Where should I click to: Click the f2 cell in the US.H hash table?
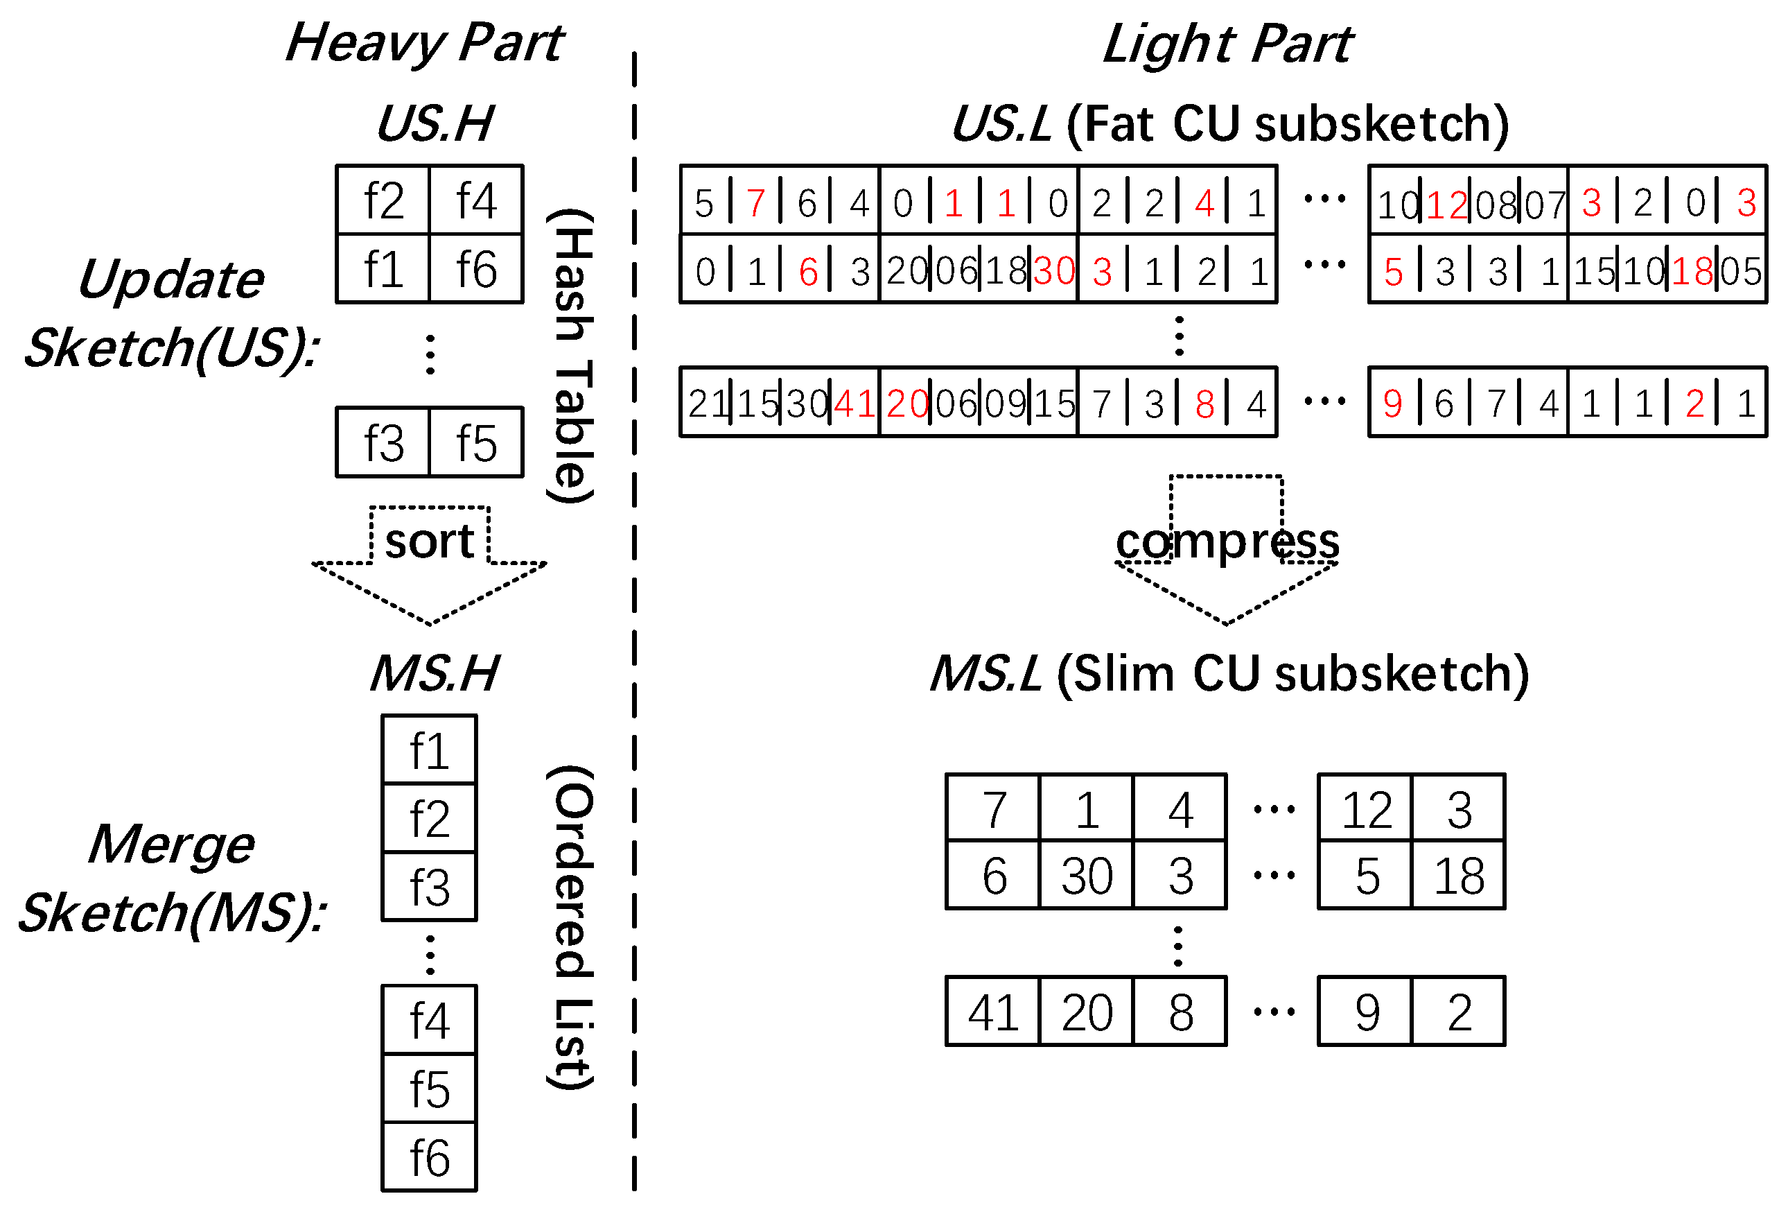pos(383,201)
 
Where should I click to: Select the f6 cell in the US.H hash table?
pos(476,269)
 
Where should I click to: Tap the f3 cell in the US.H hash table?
pos(383,443)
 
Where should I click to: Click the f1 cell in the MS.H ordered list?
pos(429,751)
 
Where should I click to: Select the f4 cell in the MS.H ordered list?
pos(429,1021)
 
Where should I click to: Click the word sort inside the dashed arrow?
pos(429,542)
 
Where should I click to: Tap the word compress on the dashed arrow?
pos(1227,542)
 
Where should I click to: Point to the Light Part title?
pos(1227,44)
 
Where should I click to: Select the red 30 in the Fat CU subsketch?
pos(1054,271)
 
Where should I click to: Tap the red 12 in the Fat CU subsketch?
pos(1446,205)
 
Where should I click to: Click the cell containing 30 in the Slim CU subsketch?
pos(1087,876)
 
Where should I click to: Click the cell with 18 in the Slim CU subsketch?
pos(1459,876)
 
